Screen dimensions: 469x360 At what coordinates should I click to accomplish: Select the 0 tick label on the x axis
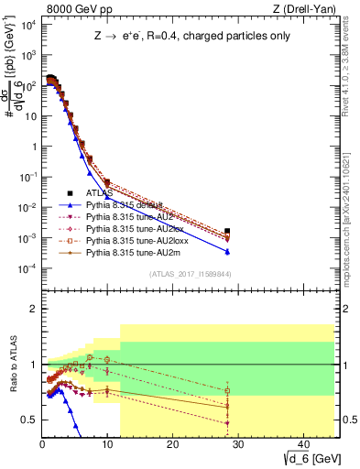pos(42,445)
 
